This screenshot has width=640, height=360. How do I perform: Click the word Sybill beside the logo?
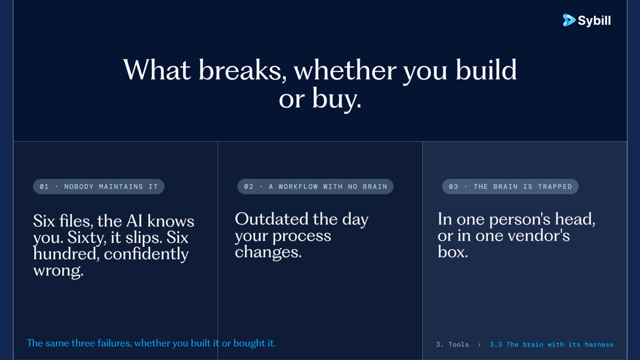594,21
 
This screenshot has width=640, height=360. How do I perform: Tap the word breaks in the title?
242,70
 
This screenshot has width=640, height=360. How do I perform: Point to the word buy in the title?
337,99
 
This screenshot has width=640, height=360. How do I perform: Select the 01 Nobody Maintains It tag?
99,187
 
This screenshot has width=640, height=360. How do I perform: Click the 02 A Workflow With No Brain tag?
315,187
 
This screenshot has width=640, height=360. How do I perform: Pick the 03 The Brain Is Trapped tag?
510,187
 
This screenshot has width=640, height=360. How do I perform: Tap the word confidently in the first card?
146,254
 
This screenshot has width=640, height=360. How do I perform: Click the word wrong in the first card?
58,271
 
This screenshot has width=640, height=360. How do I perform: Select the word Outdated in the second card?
272,219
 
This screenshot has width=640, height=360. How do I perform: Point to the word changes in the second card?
268,252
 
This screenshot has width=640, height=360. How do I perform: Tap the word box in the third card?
453,252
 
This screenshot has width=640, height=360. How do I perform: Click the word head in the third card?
575,219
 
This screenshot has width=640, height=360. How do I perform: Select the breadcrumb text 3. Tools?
452,345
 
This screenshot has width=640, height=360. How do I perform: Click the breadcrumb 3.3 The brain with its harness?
552,345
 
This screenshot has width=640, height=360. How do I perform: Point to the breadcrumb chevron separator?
479,345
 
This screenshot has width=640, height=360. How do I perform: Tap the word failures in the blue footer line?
115,343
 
